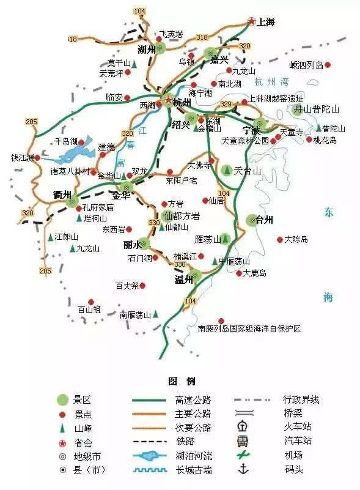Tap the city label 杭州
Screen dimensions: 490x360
(x=182, y=103)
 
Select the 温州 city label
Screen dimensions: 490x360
(x=183, y=280)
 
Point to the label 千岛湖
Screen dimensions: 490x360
(x=66, y=141)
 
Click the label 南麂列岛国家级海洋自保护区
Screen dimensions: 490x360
(x=249, y=329)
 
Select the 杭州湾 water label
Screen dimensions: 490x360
(x=271, y=82)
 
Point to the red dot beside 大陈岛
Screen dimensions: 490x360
(x=279, y=239)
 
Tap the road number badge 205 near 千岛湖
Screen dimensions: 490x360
(x=31, y=122)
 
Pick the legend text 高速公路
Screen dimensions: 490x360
(x=184, y=400)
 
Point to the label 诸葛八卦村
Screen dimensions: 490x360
(x=70, y=171)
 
